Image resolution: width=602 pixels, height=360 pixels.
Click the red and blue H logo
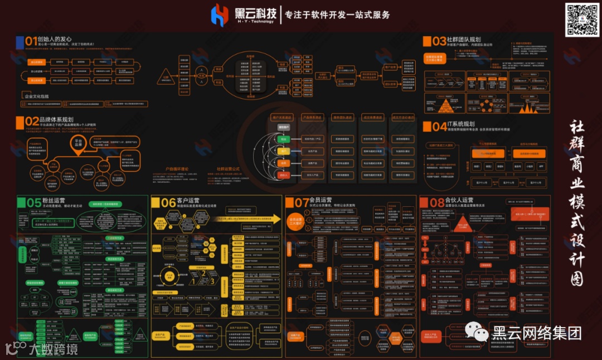[220, 15]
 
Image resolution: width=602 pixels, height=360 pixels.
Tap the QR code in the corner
[582, 19]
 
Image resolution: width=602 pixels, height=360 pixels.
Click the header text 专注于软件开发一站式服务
[337, 14]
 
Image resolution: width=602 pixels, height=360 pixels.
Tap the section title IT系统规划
[461, 124]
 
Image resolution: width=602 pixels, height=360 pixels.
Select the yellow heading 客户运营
[189, 201]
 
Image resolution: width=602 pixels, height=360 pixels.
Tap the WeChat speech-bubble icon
[479, 334]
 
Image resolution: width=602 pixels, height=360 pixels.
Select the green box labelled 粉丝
[283, 139]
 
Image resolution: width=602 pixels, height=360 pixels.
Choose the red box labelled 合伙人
[283, 175]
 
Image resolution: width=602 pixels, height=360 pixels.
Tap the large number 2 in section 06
[203, 273]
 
